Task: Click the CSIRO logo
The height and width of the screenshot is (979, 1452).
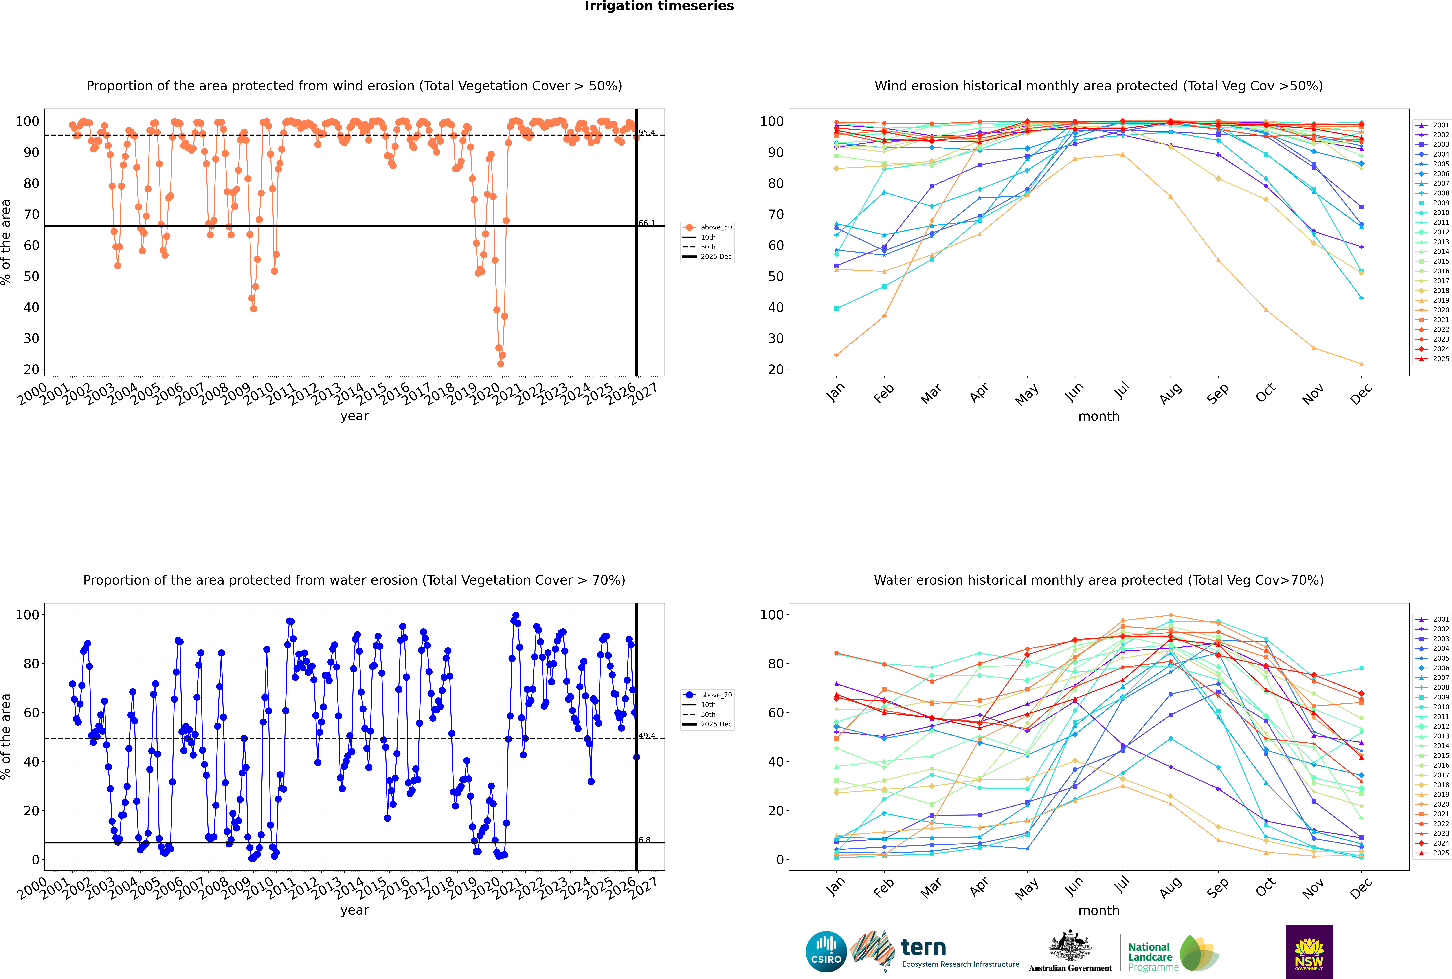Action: [x=826, y=952]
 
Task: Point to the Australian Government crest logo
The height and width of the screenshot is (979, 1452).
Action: [x=1070, y=952]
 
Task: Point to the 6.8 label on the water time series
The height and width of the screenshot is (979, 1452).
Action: [x=644, y=840]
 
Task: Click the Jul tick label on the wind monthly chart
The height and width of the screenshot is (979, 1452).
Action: [x=1122, y=391]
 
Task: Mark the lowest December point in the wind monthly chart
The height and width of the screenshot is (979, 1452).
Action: [x=1362, y=364]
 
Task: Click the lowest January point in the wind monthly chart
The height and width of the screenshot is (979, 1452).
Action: [x=837, y=355]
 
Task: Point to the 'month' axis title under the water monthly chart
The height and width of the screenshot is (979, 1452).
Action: [x=1099, y=910]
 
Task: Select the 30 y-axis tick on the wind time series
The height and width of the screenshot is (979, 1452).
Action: [x=31, y=338]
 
